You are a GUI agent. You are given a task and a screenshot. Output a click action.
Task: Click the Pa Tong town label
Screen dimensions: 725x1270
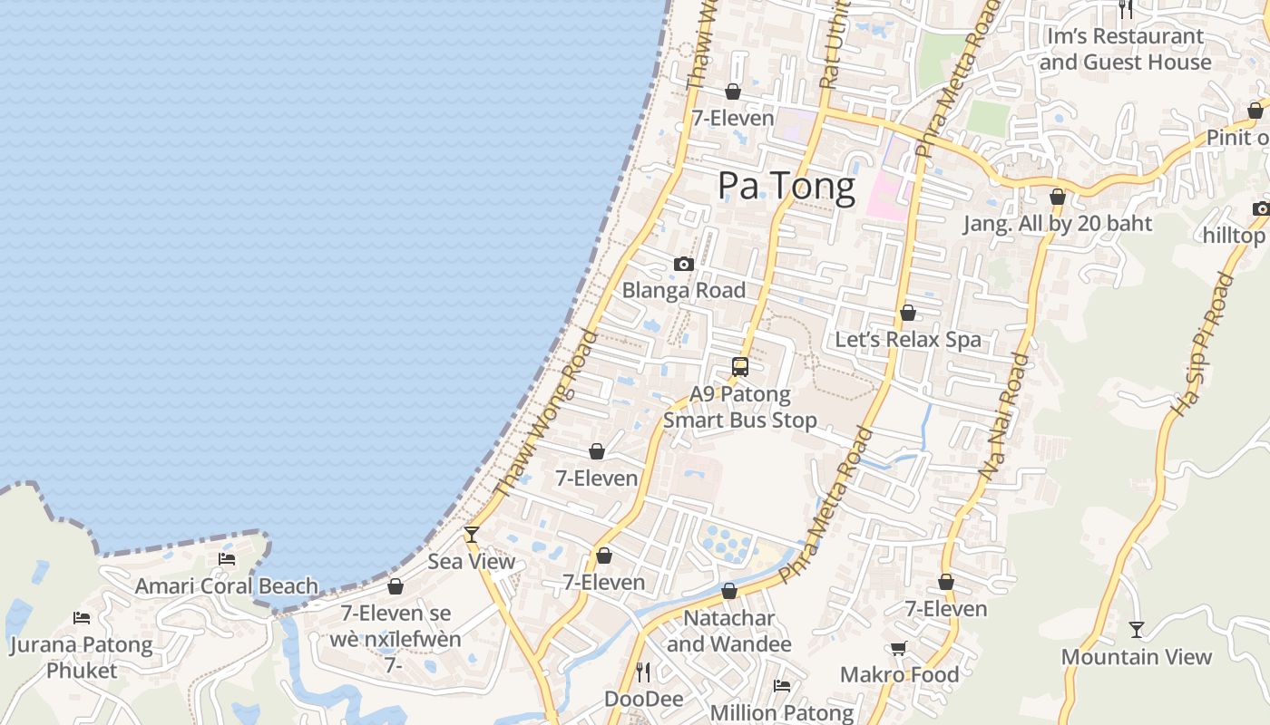coord(786,186)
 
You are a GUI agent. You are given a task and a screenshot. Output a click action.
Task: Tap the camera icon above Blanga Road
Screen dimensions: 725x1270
coord(684,265)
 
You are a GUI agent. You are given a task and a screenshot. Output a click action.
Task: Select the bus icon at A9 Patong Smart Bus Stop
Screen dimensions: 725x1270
coord(740,367)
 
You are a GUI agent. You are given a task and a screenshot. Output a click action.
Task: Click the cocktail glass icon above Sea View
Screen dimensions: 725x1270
coord(471,535)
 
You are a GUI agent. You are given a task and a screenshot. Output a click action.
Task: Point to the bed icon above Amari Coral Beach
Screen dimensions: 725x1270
coord(227,559)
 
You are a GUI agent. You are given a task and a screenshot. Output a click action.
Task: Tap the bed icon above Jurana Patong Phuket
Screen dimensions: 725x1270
coord(82,618)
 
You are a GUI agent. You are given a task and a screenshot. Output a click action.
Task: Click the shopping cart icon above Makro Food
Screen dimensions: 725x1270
coord(899,648)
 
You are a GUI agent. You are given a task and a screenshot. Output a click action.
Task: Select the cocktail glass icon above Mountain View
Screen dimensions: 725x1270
coord(1137,629)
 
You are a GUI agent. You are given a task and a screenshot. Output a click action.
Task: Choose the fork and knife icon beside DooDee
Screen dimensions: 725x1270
coord(643,672)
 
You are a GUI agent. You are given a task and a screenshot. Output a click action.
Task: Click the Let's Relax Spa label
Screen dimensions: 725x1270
coord(908,340)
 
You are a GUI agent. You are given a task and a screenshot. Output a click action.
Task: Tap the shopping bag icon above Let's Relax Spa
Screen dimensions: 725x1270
coord(907,313)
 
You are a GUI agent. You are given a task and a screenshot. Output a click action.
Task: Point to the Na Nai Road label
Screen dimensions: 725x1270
coord(1006,416)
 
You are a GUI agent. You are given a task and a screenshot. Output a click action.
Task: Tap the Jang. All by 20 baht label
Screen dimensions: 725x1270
coord(1058,224)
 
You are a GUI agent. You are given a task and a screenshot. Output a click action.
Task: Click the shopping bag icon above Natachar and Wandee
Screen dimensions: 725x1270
coord(729,592)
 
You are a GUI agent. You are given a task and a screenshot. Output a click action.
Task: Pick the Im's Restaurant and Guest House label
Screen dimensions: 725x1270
coord(1125,49)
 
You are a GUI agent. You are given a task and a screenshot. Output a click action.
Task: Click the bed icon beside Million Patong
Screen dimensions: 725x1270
coord(782,686)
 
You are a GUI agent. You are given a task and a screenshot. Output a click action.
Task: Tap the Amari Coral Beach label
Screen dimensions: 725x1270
coord(227,586)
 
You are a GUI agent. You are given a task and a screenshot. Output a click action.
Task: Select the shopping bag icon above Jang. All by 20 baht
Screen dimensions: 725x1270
coord(1057,197)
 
